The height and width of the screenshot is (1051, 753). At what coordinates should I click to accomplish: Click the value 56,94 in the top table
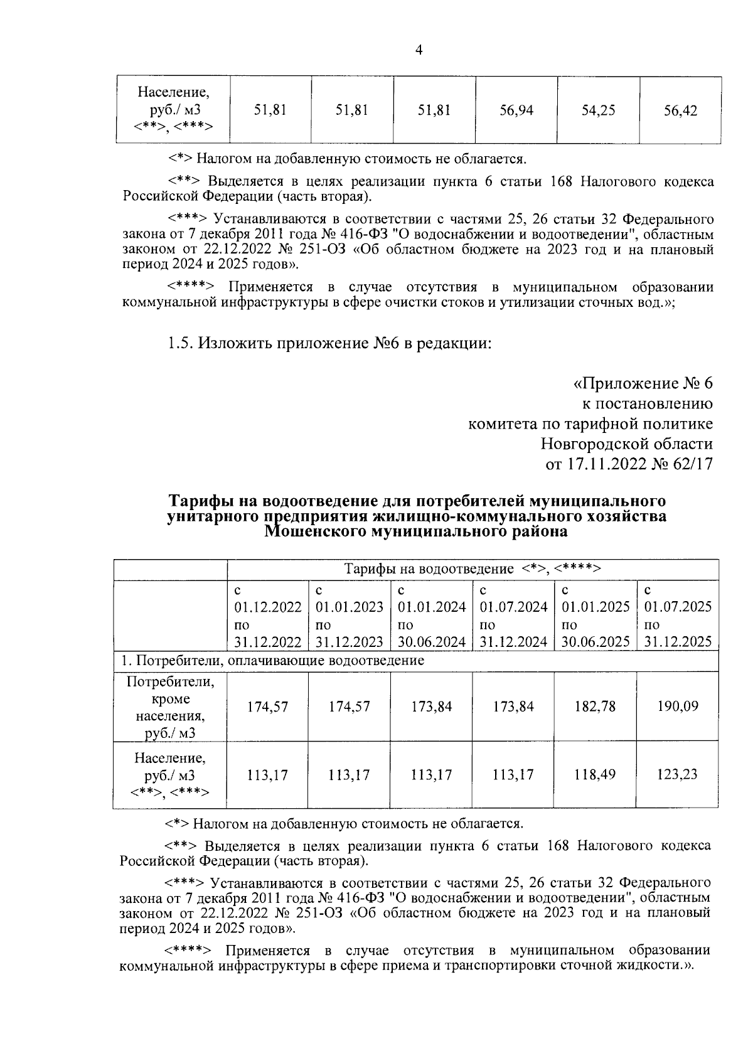click(516, 111)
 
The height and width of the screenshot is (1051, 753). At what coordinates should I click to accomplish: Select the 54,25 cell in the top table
click(598, 111)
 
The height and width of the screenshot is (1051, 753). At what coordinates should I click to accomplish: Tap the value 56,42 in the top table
click(680, 112)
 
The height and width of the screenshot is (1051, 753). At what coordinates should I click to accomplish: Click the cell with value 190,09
click(678, 707)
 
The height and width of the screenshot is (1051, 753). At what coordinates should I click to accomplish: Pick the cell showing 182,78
click(595, 707)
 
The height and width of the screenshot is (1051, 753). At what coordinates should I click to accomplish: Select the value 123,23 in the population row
click(678, 774)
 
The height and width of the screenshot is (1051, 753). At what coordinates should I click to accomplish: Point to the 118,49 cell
click(595, 774)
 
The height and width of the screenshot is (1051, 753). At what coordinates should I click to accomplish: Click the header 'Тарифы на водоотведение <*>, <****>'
click(473, 569)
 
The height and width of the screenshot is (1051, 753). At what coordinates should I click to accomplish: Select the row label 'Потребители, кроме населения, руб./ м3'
click(170, 707)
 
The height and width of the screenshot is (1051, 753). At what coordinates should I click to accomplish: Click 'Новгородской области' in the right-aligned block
click(627, 444)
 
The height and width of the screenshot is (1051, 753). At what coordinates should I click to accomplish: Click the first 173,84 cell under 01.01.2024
click(431, 707)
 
